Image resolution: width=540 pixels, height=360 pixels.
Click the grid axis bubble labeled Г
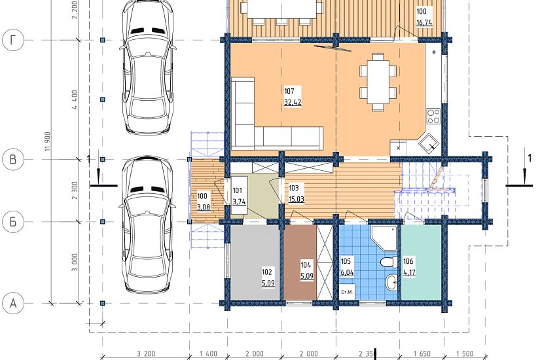coord(13,41)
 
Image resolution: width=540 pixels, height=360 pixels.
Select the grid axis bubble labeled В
coord(13,160)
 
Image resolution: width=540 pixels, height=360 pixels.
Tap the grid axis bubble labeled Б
coord(13,222)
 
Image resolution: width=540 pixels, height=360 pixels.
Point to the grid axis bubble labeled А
coord(13,304)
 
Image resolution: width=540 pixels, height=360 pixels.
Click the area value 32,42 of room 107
coord(293,102)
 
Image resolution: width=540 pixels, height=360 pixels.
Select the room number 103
coord(294,188)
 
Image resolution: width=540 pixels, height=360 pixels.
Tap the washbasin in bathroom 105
coord(391,283)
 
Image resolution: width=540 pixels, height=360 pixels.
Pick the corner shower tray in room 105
coord(384,238)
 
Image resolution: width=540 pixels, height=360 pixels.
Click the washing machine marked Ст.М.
coord(347,292)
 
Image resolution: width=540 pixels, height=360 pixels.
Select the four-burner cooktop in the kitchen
coord(433,116)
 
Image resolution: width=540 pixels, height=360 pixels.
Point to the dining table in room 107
coord(378,82)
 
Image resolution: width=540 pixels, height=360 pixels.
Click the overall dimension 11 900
coord(48,141)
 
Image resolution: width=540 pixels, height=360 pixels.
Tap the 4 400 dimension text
coord(75,99)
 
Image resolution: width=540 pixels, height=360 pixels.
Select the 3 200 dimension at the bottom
coord(146,354)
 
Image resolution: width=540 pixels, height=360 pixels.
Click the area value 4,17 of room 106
coord(409,272)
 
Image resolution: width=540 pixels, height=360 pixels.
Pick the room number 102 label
coord(267,272)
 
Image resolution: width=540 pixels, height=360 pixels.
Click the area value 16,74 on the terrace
coord(424,22)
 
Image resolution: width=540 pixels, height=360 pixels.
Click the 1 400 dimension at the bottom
coord(208,354)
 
